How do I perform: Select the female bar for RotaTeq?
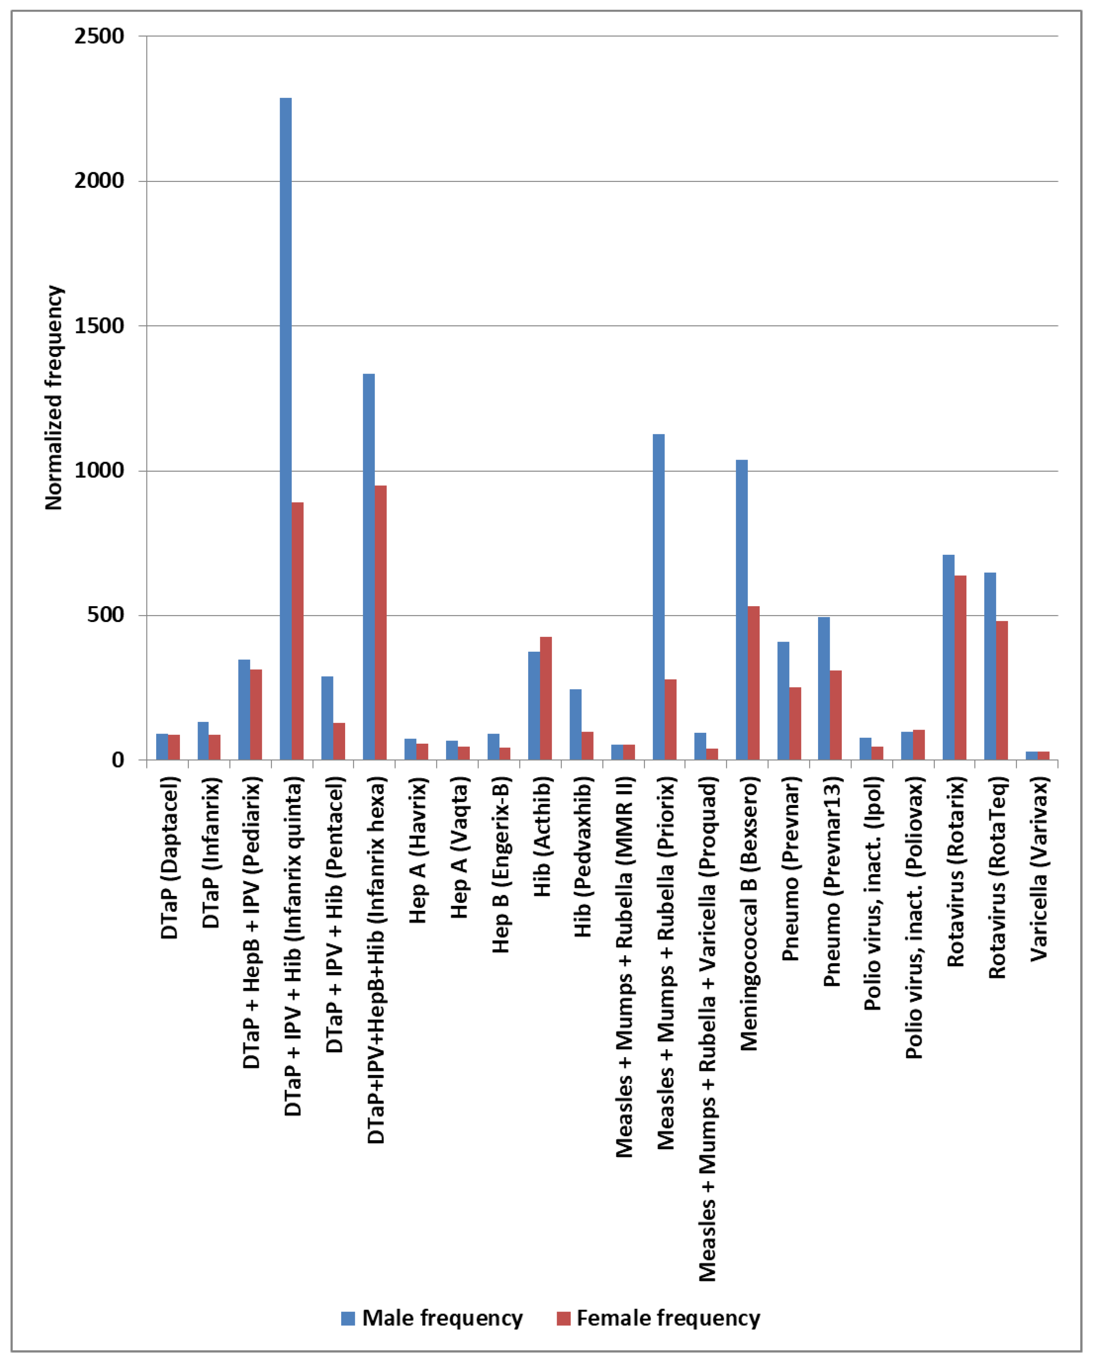tap(1002, 690)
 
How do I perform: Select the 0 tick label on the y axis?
tap(118, 760)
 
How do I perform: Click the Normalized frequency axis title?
tap(55, 398)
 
